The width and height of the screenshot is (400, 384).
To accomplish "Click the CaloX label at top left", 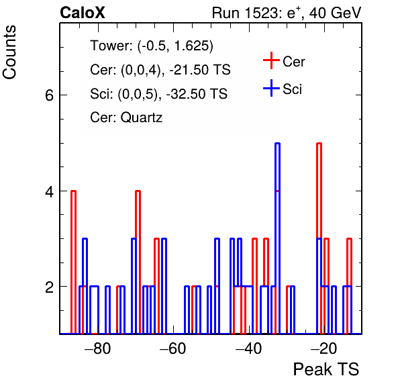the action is [83, 13].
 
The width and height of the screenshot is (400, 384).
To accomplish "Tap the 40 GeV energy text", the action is [335, 13].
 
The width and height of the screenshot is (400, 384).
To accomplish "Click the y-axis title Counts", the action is [9, 52].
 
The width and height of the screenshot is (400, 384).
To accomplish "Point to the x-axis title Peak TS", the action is [326, 369].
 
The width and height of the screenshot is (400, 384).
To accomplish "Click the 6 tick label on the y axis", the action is [49, 96].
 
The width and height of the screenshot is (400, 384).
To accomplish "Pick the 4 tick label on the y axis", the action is [49, 191].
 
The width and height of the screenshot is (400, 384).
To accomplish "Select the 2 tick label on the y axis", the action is [49, 287].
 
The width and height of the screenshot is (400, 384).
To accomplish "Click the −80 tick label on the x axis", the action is [98, 348].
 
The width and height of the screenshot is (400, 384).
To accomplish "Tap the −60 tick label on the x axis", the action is [173, 348].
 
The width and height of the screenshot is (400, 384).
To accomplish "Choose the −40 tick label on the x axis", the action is [248, 348].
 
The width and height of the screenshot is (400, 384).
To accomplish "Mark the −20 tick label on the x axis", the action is [323, 348].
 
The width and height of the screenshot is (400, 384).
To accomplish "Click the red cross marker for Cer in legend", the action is [271, 60].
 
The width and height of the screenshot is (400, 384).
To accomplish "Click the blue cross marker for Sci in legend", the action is [271, 88].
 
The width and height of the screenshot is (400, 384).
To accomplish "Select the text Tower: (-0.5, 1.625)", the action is [152, 46].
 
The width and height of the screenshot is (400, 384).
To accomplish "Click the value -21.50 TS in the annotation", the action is [200, 70].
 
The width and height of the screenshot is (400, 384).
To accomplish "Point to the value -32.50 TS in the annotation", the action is [197, 93].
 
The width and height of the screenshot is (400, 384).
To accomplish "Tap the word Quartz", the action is [142, 117].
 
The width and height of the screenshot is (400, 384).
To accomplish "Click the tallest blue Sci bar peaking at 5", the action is [277, 238].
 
